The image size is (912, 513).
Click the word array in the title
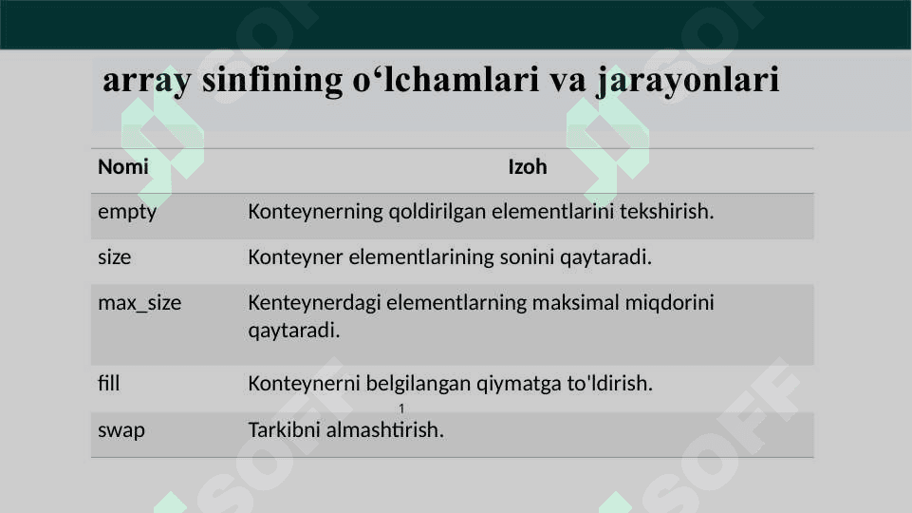[146, 81]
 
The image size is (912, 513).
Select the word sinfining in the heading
[272, 80]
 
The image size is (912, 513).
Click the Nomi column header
[123, 167]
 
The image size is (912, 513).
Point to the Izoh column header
[528, 167]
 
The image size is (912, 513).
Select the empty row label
[127, 212]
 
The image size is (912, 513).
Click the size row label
[115, 257]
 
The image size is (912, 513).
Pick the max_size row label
[140, 303]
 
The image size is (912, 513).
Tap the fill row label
[109, 384]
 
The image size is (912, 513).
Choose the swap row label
[121, 431]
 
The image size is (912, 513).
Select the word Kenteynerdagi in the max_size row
[314, 303]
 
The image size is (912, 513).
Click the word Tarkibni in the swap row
[285, 429]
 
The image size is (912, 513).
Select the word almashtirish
[385, 429]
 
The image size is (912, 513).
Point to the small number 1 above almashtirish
[401, 408]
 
